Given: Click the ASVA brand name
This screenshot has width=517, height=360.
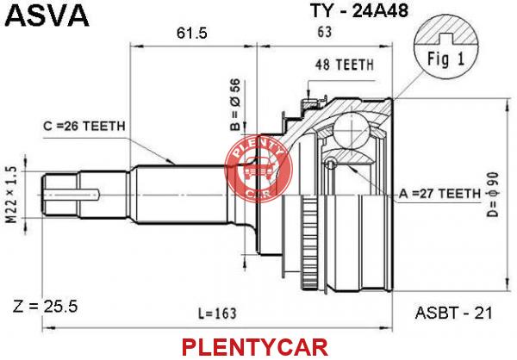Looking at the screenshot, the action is [47, 15].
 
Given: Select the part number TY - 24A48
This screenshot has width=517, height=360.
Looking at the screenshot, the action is [359, 10].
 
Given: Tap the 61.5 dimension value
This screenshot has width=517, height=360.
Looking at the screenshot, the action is [192, 33].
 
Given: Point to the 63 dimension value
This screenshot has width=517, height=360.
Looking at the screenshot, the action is [325, 32].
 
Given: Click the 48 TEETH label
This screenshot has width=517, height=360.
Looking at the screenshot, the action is [344, 65].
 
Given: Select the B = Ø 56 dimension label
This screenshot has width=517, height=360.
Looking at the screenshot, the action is [235, 104].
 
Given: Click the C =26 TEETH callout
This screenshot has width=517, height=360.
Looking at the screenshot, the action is [84, 126].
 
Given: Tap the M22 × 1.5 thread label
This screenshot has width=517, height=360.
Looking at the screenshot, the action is [11, 195].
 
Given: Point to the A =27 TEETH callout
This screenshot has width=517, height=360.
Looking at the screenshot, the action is [439, 194].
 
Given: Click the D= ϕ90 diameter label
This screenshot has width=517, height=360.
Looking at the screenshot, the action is [493, 195].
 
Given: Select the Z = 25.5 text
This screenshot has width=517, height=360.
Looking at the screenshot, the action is [45, 307].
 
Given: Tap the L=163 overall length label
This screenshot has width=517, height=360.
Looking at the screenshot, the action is [218, 313].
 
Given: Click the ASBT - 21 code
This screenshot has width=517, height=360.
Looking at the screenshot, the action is [453, 313].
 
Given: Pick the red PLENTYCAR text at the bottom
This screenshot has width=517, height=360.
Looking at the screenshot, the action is [254, 347].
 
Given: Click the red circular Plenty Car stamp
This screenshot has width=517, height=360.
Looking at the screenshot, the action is [258, 169].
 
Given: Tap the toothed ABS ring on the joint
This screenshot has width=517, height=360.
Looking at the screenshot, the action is [309, 242].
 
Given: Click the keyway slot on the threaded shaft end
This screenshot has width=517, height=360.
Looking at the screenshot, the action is [72, 195].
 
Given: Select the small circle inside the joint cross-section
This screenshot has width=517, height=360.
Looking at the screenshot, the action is [330, 163].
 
